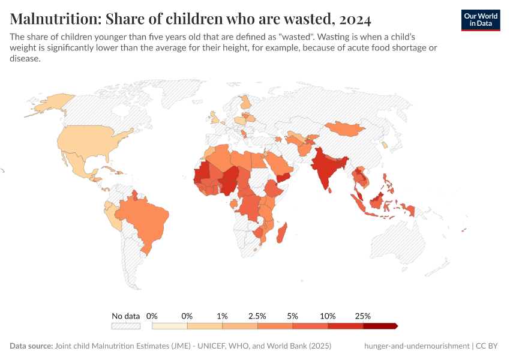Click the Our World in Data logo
pos(480,20)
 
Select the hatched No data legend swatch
pos(125,326)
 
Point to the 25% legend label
pos(363,316)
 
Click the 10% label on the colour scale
pos(328,316)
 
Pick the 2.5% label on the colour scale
pos(257,316)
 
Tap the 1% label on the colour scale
pos(222,316)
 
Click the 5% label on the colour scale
pos(293,316)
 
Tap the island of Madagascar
pos(281,233)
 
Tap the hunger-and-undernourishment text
pos(416,346)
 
